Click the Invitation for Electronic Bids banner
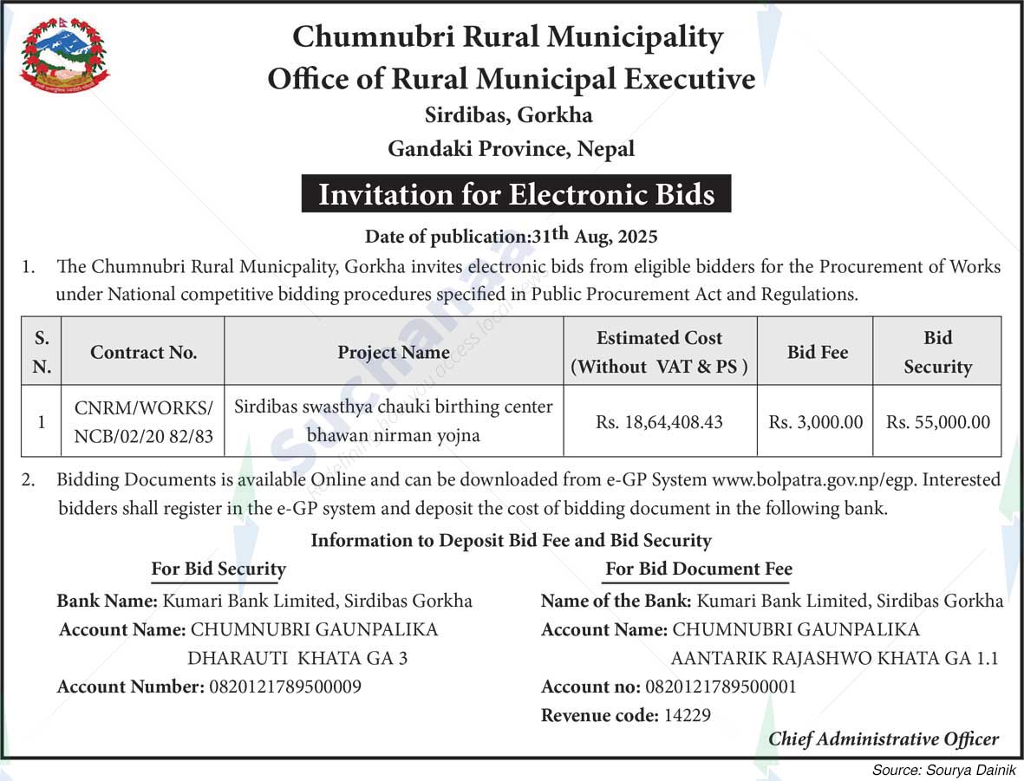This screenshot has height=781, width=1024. (x=516, y=194)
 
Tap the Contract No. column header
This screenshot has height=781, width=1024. (x=143, y=352)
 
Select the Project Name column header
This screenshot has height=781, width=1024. (x=394, y=352)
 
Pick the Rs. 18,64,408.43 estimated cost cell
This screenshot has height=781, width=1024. (x=660, y=422)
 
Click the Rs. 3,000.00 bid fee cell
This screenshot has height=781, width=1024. (x=815, y=422)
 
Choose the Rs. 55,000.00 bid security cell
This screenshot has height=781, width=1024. (x=937, y=422)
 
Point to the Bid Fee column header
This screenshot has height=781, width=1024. (x=817, y=352)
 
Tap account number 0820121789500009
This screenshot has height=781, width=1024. (x=284, y=687)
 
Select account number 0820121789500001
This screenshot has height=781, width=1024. (x=720, y=687)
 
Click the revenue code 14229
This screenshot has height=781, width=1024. (x=687, y=715)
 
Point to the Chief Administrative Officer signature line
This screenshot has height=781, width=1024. (x=883, y=739)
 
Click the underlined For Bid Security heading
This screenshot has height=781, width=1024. (x=218, y=569)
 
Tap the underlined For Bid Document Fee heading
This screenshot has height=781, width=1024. (x=698, y=569)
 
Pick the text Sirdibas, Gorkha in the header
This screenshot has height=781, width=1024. (x=509, y=114)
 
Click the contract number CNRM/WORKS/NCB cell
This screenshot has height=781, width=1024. (x=143, y=421)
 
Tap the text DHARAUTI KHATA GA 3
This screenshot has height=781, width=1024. (x=297, y=658)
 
